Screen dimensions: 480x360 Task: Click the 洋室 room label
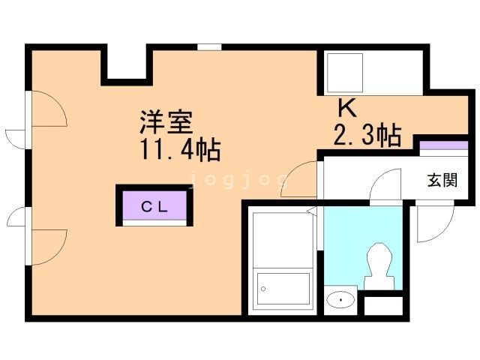[x=166, y=121]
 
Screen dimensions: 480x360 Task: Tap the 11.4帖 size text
[x=181, y=150]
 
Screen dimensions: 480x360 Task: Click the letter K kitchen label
[x=348, y=108]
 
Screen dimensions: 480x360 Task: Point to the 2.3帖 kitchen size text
[x=367, y=135]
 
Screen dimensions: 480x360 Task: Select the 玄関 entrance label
[x=442, y=180]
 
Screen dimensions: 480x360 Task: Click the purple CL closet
[x=154, y=205]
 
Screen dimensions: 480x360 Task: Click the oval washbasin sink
[x=340, y=299]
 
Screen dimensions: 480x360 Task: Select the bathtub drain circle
[x=263, y=289]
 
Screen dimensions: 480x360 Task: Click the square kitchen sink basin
[x=345, y=73]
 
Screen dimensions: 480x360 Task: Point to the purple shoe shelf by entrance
[x=443, y=145]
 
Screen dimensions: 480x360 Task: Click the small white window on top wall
[x=209, y=47]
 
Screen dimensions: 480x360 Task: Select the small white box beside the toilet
[x=383, y=305]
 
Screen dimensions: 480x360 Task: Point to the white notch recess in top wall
[x=127, y=63]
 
